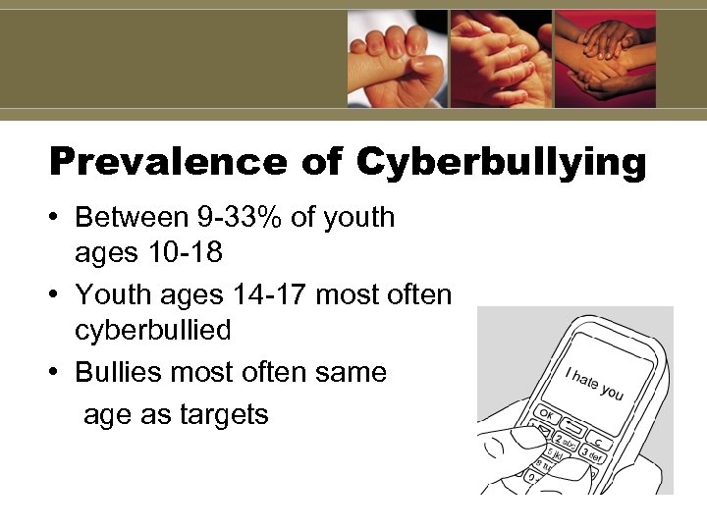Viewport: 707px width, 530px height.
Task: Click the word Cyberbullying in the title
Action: (502, 162)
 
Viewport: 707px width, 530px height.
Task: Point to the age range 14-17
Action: (247, 293)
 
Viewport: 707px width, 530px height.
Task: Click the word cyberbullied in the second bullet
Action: (153, 330)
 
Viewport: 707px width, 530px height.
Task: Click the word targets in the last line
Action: (223, 414)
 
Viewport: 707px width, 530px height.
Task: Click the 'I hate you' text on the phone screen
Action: (594, 382)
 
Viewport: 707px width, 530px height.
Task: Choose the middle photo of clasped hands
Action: (501, 58)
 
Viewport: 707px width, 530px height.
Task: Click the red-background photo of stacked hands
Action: (605, 58)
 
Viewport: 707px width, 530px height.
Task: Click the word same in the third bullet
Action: (350, 372)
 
